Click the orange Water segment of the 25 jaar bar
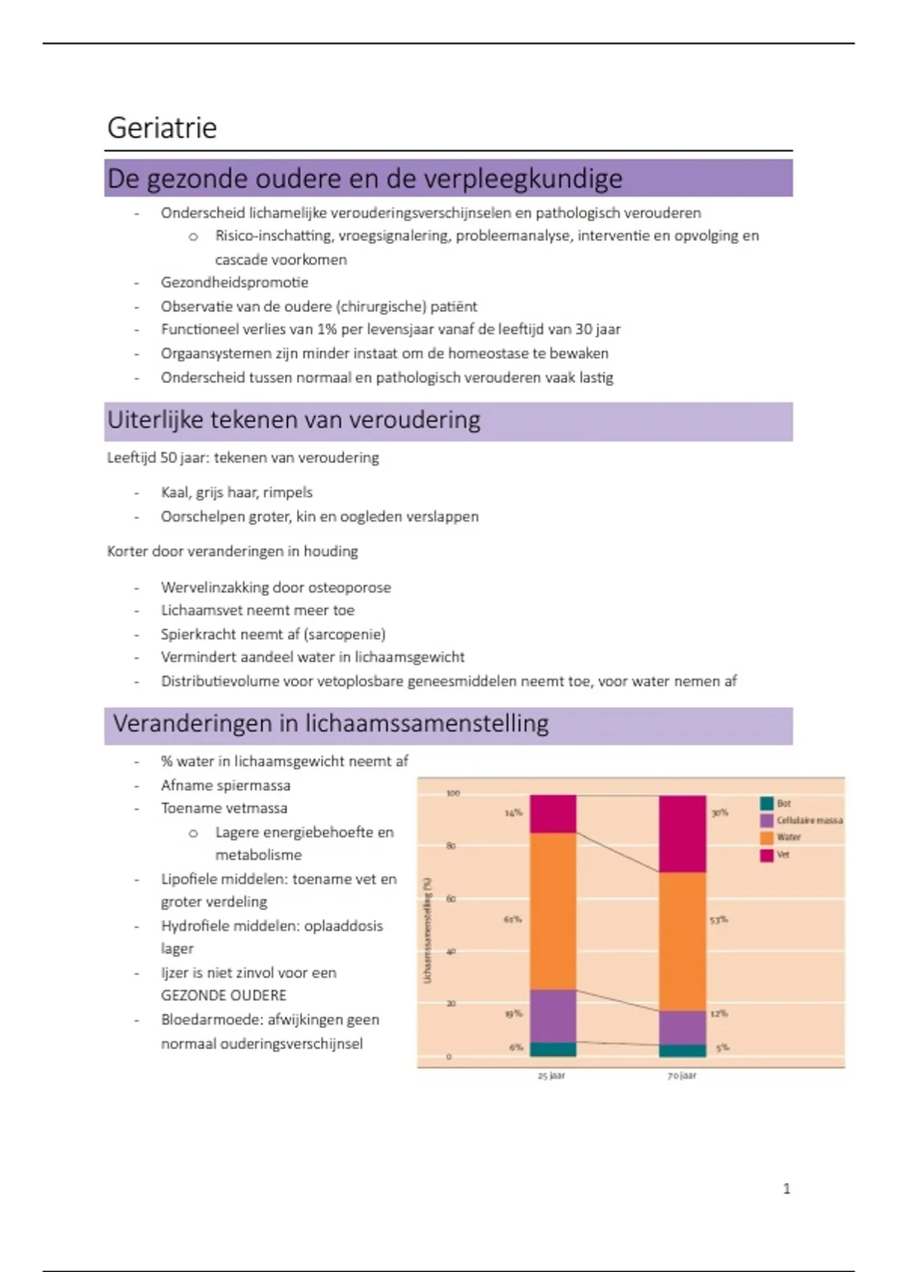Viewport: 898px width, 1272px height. click(553, 911)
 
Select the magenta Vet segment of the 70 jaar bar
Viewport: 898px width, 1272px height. click(682, 834)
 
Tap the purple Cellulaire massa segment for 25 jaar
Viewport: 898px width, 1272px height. click(553, 1015)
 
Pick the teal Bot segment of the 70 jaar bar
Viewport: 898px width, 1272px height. click(682, 1051)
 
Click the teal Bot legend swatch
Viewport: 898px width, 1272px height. click(766, 804)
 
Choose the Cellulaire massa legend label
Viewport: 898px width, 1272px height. click(809, 821)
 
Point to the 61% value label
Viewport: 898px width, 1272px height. click(512, 919)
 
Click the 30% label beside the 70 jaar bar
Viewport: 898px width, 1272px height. click(719, 813)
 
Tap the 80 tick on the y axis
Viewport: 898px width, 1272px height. click(450, 846)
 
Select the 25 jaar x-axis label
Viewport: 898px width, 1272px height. click(552, 1075)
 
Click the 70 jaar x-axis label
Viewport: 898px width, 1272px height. click(682, 1075)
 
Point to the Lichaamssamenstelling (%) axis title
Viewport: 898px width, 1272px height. click(428, 930)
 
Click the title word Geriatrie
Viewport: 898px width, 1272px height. click(162, 128)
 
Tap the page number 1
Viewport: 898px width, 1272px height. click(786, 1188)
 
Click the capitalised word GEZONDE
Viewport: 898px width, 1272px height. click(190, 995)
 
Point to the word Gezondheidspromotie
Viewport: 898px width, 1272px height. click(234, 282)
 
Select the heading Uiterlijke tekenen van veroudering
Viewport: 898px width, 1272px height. click(293, 421)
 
